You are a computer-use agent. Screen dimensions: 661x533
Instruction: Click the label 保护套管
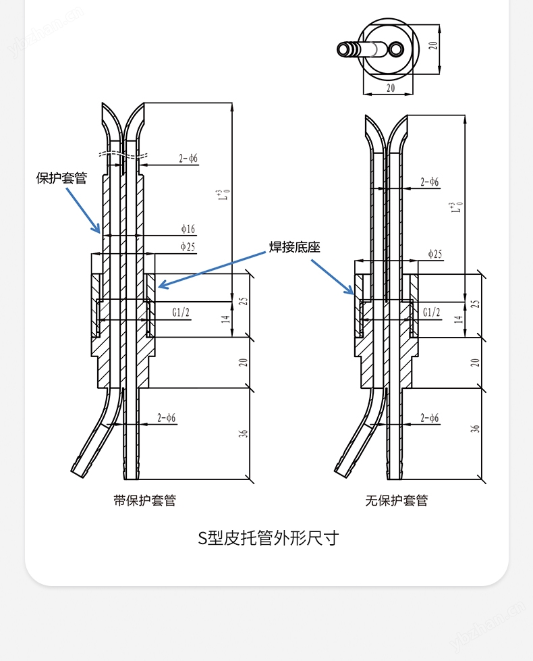[x=61, y=178]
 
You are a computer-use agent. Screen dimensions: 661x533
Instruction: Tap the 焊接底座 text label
[x=295, y=247]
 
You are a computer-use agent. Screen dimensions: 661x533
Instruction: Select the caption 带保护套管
[x=145, y=500]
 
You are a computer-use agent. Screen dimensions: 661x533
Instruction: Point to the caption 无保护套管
[x=397, y=500]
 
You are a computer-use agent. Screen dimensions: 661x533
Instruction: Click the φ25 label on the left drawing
[x=188, y=246]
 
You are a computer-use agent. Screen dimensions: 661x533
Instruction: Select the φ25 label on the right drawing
[x=435, y=254]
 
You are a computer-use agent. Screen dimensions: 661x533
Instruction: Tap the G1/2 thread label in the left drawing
[x=180, y=312]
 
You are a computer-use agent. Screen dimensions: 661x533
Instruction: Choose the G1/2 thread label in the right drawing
[x=431, y=312]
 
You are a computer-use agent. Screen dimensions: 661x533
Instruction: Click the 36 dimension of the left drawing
[x=244, y=432]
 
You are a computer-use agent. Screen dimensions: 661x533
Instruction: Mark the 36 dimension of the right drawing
[x=475, y=428]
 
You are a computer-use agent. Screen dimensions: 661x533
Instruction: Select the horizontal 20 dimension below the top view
[x=390, y=88]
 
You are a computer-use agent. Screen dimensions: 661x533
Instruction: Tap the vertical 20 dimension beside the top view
[x=434, y=45]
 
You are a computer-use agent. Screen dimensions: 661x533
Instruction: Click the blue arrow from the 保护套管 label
[x=83, y=210]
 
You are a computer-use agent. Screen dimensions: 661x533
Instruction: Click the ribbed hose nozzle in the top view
[x=349, y=49]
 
